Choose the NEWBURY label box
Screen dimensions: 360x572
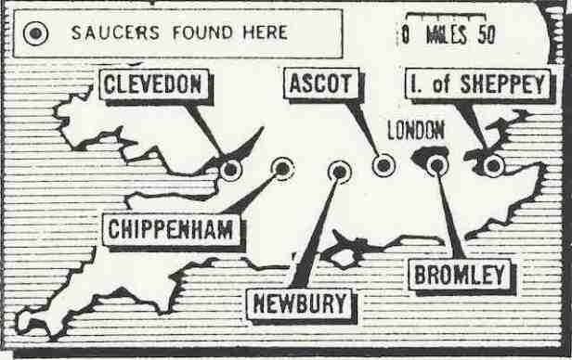(300, 302)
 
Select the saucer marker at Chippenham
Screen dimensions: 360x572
(282, 169)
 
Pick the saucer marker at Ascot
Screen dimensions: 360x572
(383, 166)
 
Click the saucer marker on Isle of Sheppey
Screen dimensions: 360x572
(493, 166)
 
